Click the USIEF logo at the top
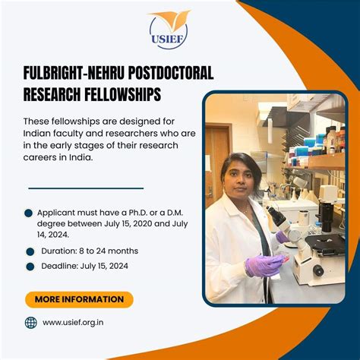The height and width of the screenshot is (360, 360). [169, 30]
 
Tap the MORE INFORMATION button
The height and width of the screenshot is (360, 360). [79, 299]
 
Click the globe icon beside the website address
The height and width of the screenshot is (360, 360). [31, 323]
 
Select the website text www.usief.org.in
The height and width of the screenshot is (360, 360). [73, 323]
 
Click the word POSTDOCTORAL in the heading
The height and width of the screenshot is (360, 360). [170, 73]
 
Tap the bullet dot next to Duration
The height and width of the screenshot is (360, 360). [30, 251]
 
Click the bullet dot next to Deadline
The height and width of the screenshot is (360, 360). [30, 267]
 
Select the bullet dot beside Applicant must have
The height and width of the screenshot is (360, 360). [29, 213]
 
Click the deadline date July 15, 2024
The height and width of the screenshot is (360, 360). [104, 267]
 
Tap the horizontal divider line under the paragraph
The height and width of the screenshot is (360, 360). [86, 188]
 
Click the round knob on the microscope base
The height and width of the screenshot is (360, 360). [317, 270]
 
